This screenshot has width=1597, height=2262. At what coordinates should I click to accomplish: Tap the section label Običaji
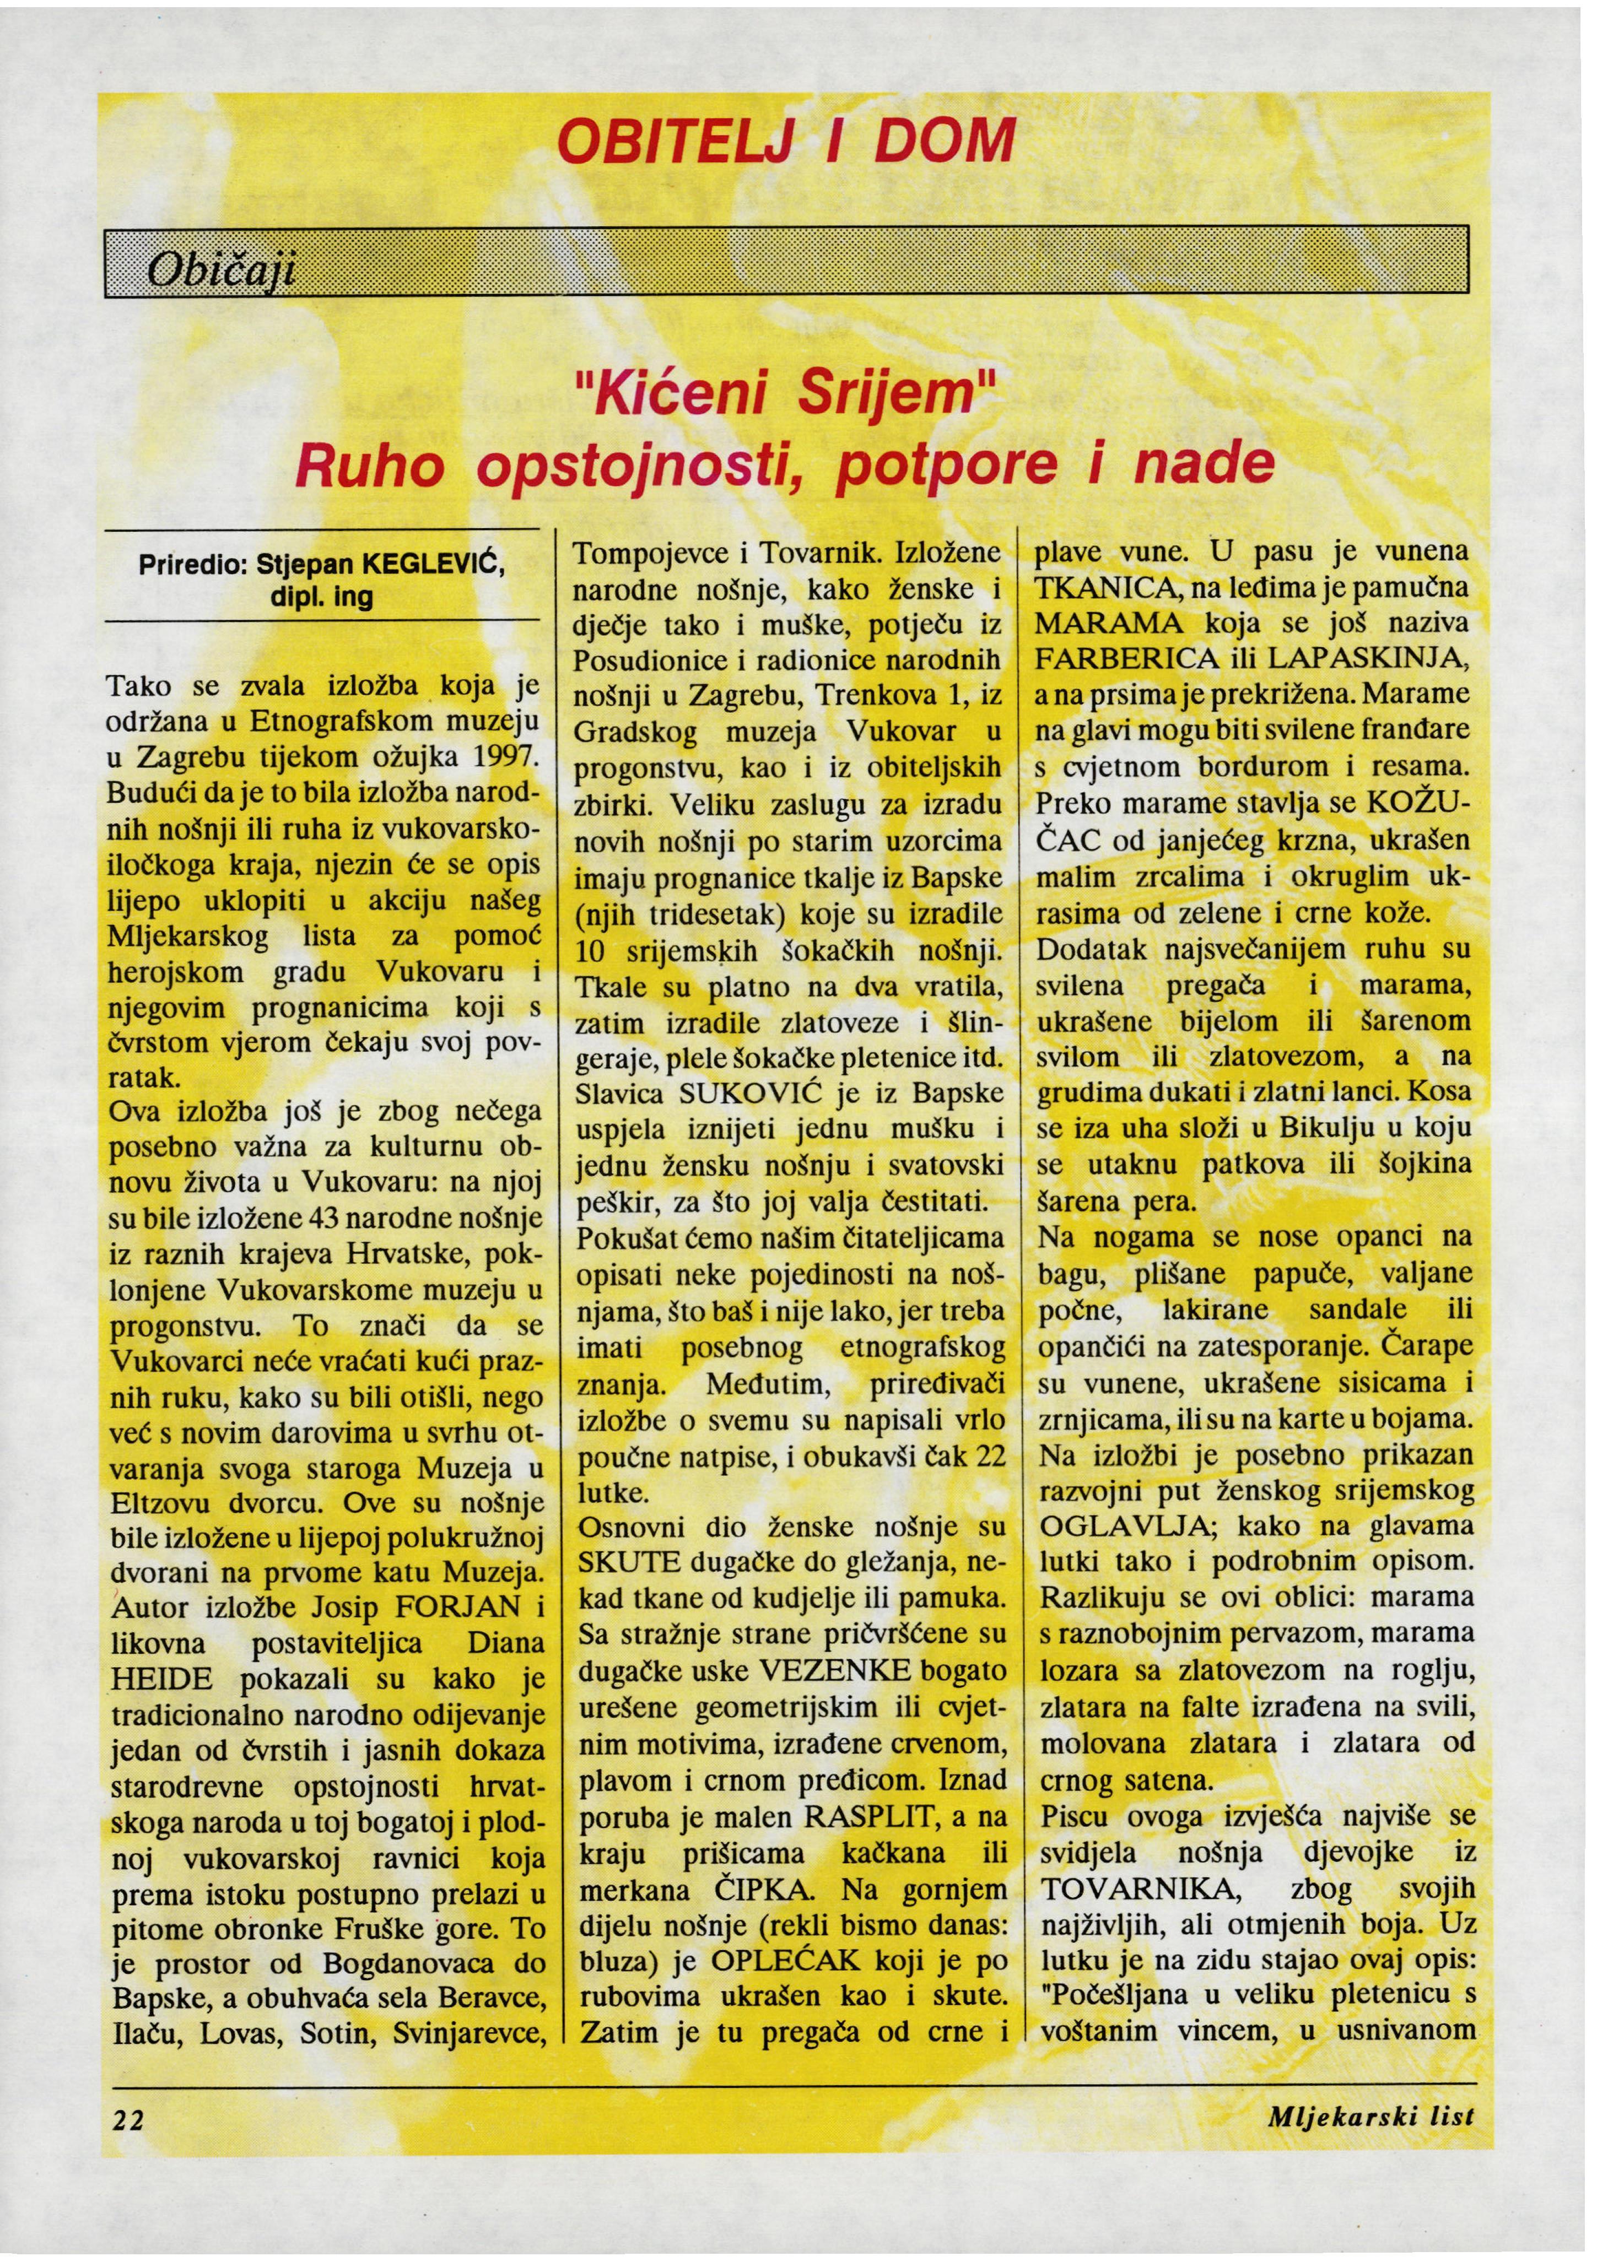(220, 268)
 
